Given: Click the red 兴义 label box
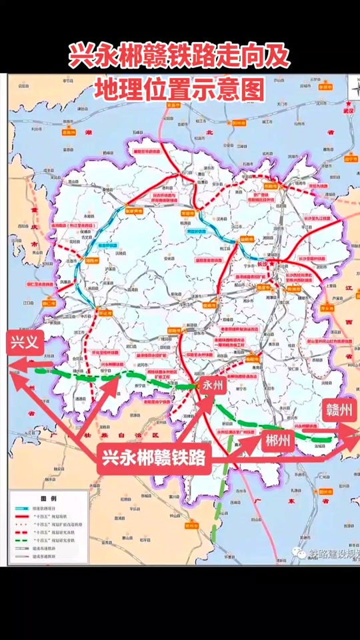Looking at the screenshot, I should tap(26, 343).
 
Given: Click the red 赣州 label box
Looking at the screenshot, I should tap(338, 410).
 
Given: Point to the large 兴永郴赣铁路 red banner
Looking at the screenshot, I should tap(154, 459).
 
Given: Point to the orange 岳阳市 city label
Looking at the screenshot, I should tap(270, 187).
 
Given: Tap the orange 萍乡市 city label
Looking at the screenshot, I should tap(325, 309).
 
